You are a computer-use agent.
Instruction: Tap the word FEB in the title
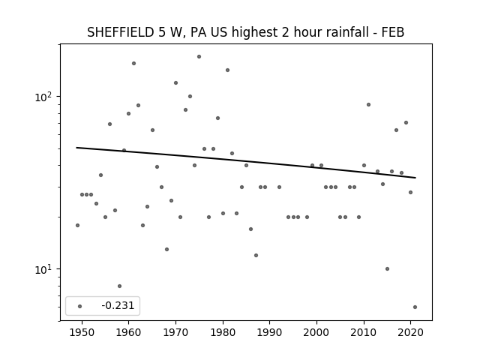393,32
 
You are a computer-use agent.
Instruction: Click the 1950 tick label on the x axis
82,332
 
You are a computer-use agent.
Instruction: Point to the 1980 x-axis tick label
223,332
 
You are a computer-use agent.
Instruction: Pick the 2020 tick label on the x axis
410,332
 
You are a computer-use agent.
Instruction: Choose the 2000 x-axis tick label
316,332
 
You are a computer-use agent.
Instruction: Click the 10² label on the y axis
43,97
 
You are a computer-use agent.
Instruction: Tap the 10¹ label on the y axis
43,270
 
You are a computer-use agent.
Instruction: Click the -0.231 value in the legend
118,305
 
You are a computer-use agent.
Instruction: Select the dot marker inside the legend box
80,306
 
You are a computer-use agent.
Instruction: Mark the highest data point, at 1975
199,57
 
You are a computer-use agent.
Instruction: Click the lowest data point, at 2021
415,307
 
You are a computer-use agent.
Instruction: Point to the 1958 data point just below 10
119,286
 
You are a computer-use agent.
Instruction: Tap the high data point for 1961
133,63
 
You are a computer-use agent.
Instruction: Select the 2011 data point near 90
368,105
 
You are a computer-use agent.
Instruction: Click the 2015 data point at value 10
387,268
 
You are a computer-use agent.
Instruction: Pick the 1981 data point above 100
227,70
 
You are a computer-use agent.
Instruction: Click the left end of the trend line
76,148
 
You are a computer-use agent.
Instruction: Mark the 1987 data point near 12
256,255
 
